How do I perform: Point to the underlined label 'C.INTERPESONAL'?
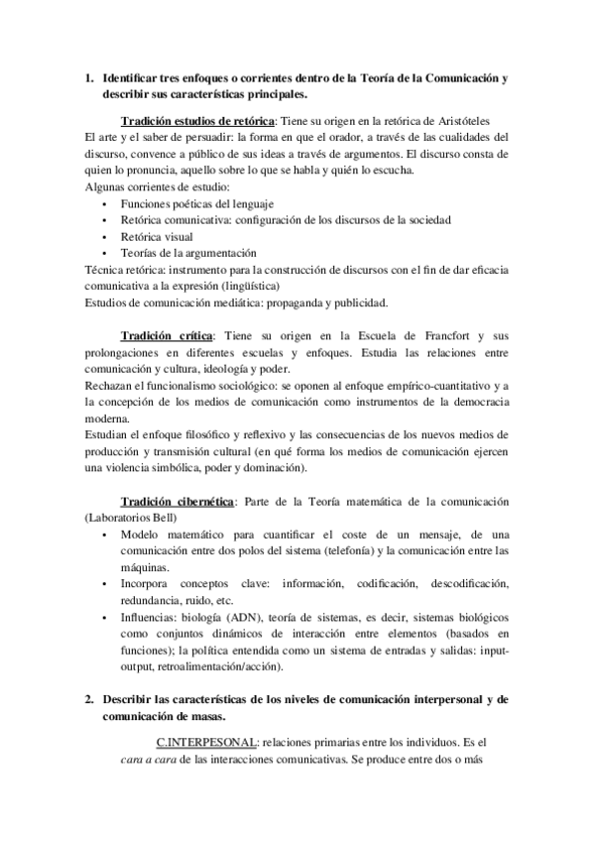click(202, 741)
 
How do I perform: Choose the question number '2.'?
click(89, 698)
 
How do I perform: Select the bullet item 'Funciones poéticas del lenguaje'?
click(196, 203)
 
